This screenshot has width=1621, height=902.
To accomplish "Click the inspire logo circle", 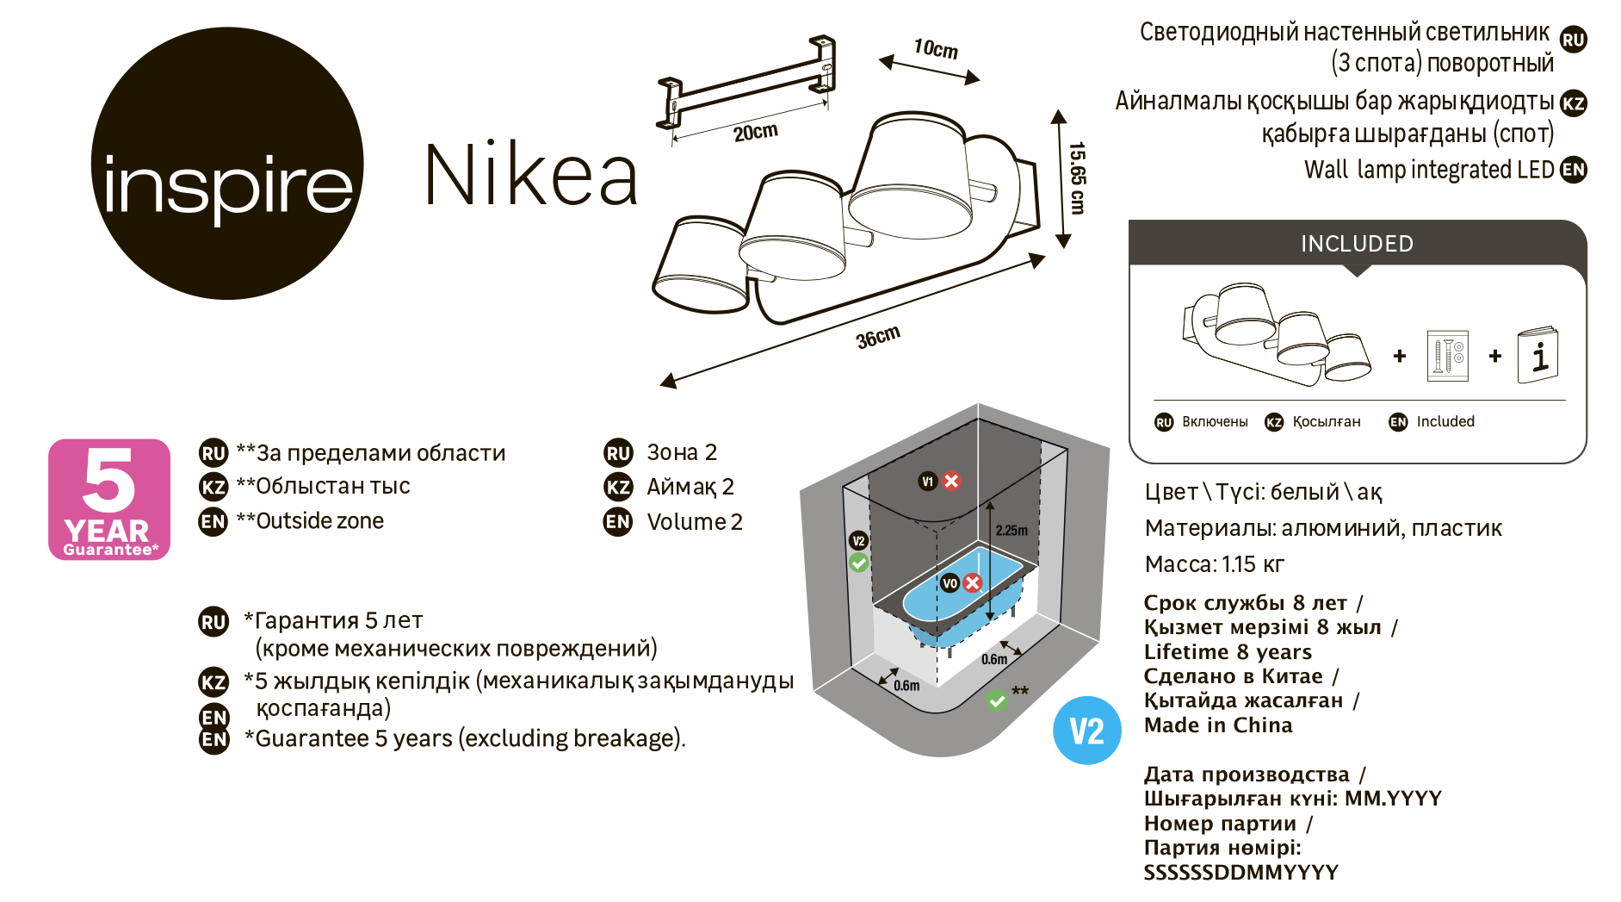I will coord(227,164).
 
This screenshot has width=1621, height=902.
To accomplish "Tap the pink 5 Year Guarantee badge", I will coord(109,500).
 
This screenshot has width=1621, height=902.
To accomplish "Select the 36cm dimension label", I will coord(878,337).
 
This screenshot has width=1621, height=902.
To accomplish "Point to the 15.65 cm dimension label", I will coord(1077,177).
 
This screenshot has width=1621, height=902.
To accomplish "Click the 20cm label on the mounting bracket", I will coord(755,132).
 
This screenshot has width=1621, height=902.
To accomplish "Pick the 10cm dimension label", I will coord(936,48).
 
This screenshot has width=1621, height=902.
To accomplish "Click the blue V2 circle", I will coord(1086,731).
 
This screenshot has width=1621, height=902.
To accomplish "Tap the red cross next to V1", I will coord(951,481).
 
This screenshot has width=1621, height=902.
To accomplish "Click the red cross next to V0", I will coord(973,583).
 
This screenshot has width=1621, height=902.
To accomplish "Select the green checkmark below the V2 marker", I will coord(858,563).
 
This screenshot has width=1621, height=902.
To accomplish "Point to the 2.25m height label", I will coord(1012,531).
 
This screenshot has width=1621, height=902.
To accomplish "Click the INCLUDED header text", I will coord(1357,244).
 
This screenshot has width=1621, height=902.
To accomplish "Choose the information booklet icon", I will coord(1538,355).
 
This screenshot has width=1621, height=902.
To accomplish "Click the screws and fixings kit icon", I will coord(1447,355).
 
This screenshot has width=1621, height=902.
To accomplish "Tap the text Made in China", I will coord(1218,725).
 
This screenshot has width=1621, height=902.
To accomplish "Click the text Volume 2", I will coord(695,522).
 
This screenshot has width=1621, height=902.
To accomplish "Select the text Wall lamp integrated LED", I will coord(1429,170).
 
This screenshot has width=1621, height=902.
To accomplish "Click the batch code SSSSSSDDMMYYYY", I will coord(1240,873).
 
